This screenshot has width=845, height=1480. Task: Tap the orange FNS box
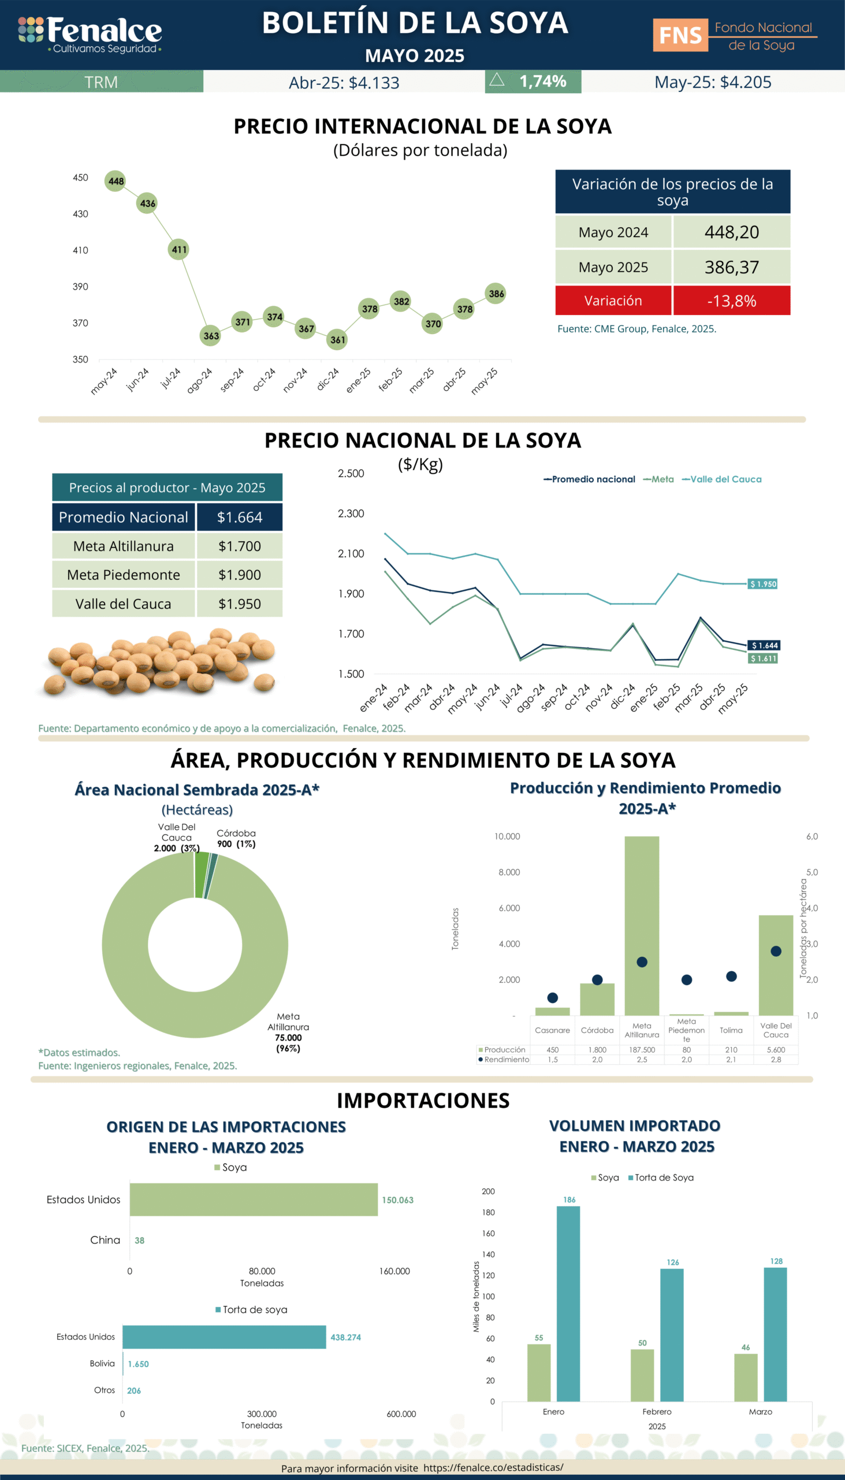point(680,35)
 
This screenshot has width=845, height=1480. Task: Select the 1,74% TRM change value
point(542,82)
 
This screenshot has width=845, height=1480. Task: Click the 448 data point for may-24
point(116,180)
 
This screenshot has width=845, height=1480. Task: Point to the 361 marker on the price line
point(337,340)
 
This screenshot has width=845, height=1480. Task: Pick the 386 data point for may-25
point(496,293)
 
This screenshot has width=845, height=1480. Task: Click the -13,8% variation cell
point(731,300)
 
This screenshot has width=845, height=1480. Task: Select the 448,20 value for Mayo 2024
point(731,232)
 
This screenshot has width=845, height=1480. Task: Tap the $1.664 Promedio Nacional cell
point(239,517)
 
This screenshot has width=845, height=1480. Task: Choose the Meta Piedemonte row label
point(123,575)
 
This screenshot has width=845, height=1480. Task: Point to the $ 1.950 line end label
point(762,584)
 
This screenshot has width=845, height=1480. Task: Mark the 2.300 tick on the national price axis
point(351,513)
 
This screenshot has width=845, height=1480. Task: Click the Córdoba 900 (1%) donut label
point(236,838)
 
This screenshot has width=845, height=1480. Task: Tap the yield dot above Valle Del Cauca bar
point(776,951)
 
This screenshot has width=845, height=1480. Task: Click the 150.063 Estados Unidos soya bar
point(254,1200)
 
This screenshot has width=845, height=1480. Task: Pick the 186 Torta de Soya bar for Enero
point(568,1304)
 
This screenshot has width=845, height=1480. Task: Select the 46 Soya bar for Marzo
point(745,1377)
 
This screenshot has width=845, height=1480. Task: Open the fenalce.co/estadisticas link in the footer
point(493,1467)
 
